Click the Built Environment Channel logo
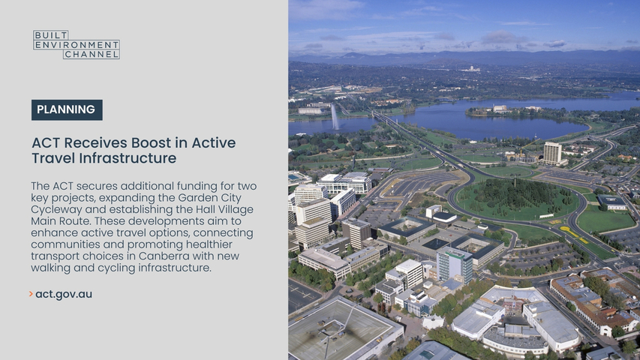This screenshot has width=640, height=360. click(x=77, y=44)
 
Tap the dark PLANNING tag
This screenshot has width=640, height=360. click(x=67, y=109)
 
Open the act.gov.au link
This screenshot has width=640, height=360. click(x=64, y=294)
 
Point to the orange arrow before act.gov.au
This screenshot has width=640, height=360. click(x=31, y=294)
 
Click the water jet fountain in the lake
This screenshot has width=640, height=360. click(x=335, y=117)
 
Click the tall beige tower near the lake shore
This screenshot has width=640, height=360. click(x=551, y=153)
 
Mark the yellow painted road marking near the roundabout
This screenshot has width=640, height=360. click(x=573, y=234)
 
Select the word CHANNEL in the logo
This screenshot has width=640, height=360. click(x=92, y=54)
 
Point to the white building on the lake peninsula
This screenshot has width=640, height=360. click(x=500, y=109)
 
